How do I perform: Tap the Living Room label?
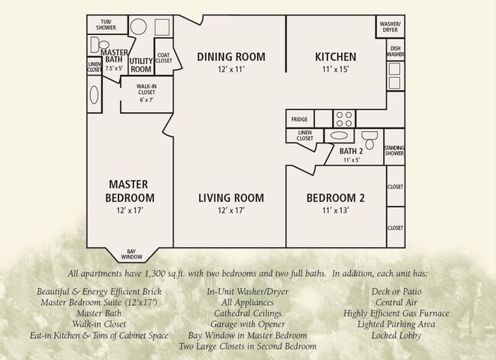pos(231,198)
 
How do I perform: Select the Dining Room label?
pos(231,56)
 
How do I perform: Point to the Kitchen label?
pos(336,56)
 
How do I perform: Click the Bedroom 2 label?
pos(336,198)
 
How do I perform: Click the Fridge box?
pos(300,119)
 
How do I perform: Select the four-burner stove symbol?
pos(344,119)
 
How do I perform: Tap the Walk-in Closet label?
pos(146,92)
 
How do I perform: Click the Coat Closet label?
pos(163,59)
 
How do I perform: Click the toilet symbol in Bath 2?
pos(369,140)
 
